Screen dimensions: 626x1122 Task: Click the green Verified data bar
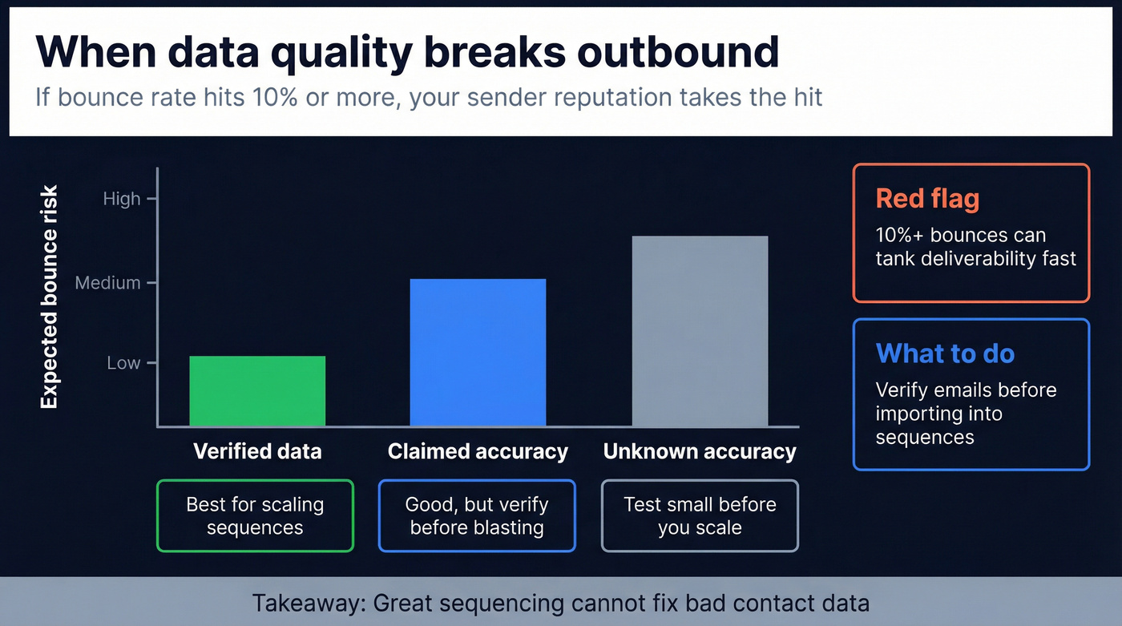coord(257,390)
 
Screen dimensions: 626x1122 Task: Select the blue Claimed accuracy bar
coord(478,352)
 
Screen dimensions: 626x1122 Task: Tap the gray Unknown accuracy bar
coord(700,330)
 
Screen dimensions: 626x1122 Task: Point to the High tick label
coord(122,199)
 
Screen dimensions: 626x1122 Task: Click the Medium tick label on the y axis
coord(108,283)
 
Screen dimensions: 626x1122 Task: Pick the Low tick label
coord(123,363)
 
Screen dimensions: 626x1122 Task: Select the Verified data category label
coord(257,451)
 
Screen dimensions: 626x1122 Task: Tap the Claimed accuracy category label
coord(478,451)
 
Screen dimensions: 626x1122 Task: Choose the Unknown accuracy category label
coord(700,451)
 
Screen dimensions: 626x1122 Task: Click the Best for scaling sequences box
coord(255,516)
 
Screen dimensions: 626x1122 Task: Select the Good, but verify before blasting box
coord(477,516)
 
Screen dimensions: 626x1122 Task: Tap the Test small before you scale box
coord(700,516)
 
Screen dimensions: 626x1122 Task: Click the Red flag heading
coord(927,198)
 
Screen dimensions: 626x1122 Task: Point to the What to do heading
coord(945,353)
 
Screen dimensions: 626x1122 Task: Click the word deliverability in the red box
coord(974,258)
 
